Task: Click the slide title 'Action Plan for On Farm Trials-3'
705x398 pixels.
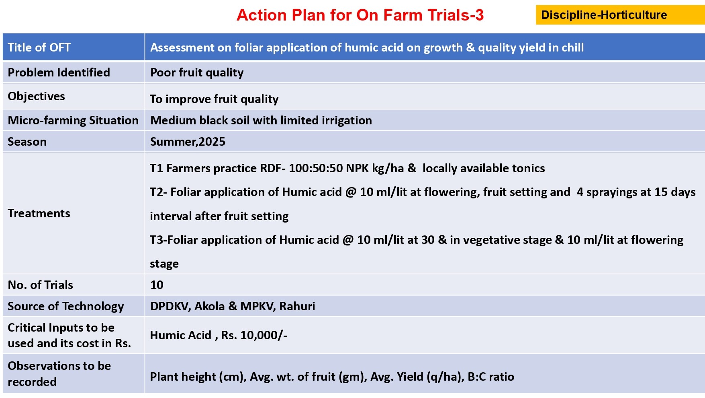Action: click(360, 15)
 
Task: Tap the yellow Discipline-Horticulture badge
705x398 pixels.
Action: click(620, 15)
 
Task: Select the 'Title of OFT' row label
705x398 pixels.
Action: click(39, 47)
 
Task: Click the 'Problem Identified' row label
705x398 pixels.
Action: click(59, 72)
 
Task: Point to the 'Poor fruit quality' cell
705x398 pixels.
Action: click(197, 72)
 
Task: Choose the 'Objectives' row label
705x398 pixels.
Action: click(36, 96)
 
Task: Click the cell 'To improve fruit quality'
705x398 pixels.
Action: click(214, 99)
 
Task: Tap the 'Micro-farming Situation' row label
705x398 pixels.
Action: click(73, 120)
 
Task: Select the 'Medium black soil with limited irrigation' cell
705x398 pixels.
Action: click(261, 120)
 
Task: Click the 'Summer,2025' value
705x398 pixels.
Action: click(188, 142)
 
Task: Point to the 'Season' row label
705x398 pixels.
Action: click(27, 142)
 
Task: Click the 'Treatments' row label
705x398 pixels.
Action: click(39, 213)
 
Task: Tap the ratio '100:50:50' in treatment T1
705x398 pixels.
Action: click(316, 168)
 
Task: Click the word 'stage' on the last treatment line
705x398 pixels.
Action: click(164, 264)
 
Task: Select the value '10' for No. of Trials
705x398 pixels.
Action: click(157, 285)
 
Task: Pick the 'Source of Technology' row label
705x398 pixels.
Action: click(65, 306)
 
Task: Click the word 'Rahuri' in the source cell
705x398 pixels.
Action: click(297, 306)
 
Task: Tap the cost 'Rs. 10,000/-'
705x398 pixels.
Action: click(254, 335)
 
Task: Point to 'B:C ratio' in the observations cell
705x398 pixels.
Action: click(491, 377)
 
